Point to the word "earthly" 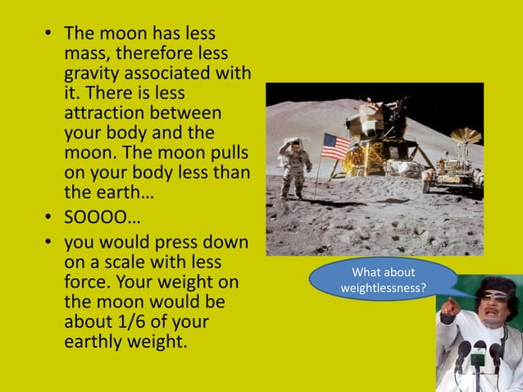pyautogui.click(x=96, y=340)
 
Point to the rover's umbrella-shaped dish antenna pyautogui.click(x=466, y=135)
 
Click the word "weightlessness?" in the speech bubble pyautogui.click(x=384, y=289)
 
